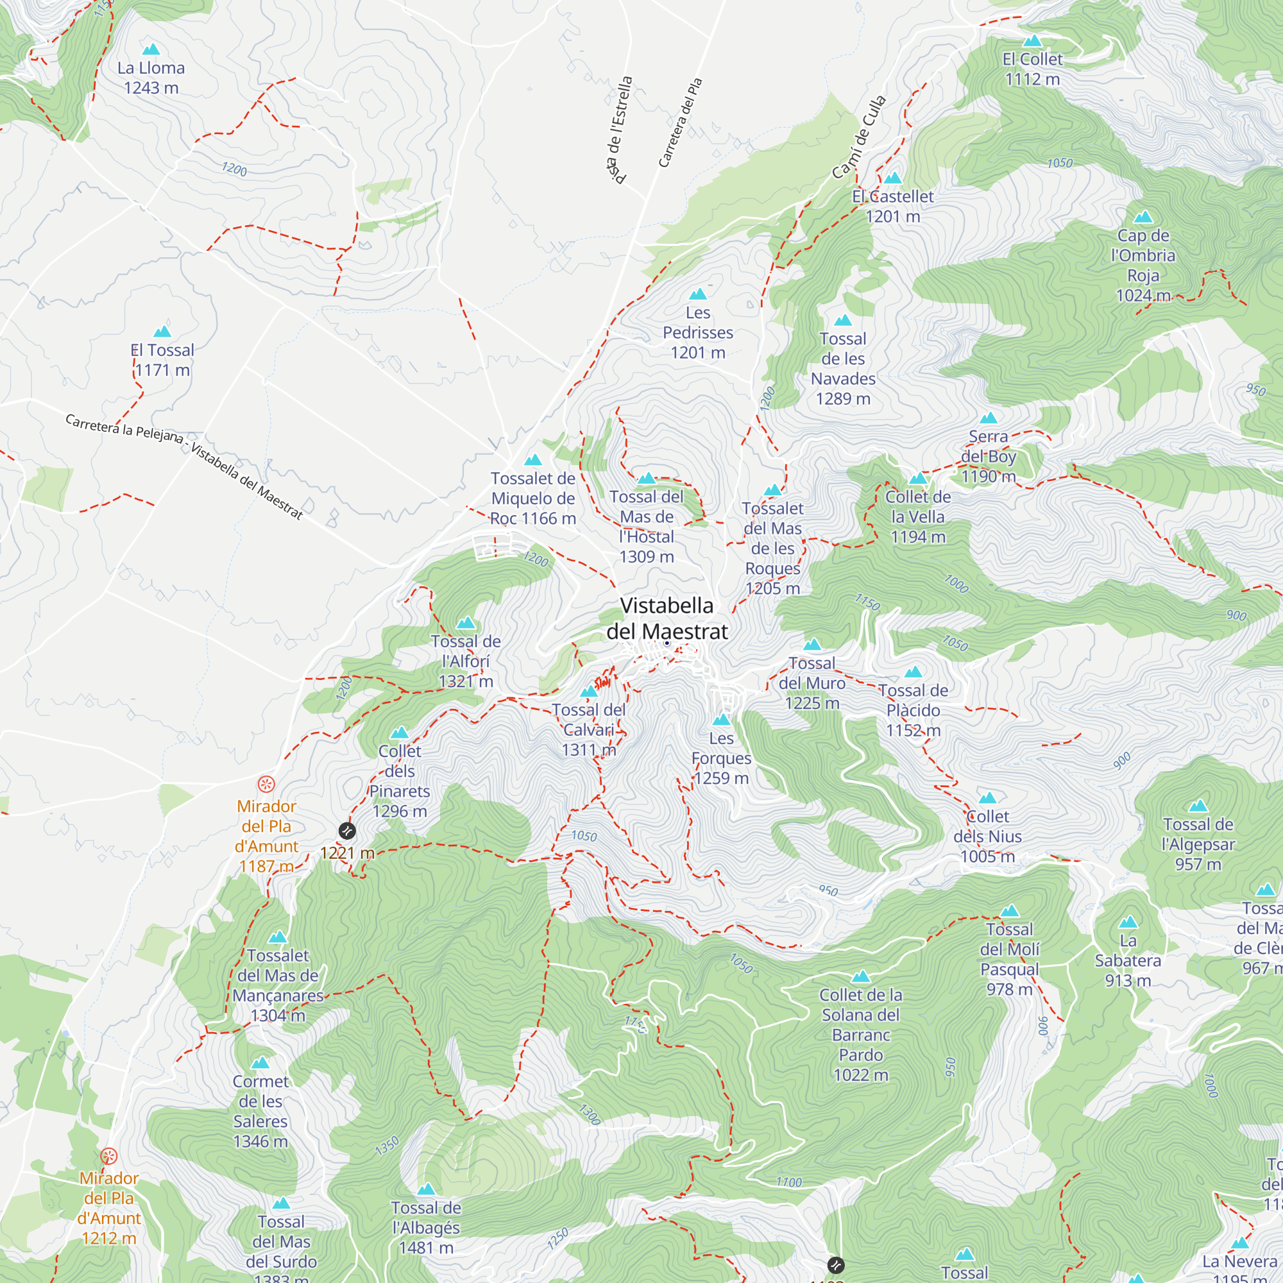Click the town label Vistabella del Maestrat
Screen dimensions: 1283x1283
pyautogui.click(x=667, y=618)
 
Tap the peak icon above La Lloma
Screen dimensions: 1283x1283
pyautogui.click(x=151, y=49)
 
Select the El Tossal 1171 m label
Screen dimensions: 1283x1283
pyautogui.click(x=163, y=360)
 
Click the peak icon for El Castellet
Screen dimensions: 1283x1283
pyautogui.click(x=893, y=178)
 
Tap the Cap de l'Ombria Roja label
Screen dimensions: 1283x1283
pyautogui.click(x=1143, y=266)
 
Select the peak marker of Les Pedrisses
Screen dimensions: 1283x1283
pyautogui.click(x=698, y=294)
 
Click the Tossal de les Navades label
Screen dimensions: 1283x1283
pyautogui.click(x=843, y=369)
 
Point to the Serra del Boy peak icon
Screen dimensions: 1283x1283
pyautogui.click(x=989, y=418)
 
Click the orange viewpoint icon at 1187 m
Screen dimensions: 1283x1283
pyautogui.click(x=266, y=785)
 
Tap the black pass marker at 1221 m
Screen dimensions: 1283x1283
pyautogui.click(x=346, y=831)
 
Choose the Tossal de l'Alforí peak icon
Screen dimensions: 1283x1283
pyautogui.click(x=466, y=623)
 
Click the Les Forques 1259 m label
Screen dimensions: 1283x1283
pyautogui.click(x=721, y=758)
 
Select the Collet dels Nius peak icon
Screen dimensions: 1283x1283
pyautogui.click(x=987, y=797)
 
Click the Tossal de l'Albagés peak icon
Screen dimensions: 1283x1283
pyautogui.click(x=427, y=1189)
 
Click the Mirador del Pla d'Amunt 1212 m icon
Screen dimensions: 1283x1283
pyautogui.click(x=109, y=1156)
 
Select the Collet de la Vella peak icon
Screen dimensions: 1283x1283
pyautogui.click(x=918, y=478)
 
